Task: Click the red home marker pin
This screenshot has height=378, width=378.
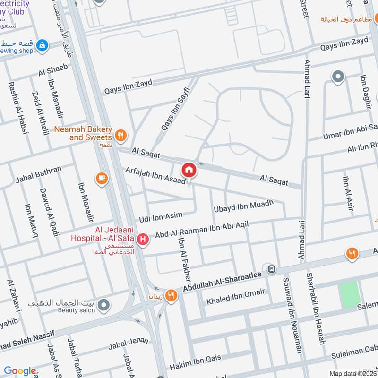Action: pyautogui.click(x=189, y=170)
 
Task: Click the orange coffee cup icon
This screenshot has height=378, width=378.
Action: pyautogui.click(x=101, y=178)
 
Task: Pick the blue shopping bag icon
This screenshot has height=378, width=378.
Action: pyautogui.click(x=43, y=45)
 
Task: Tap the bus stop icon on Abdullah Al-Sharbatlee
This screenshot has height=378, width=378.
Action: pyautogui.click(x=272, y=269)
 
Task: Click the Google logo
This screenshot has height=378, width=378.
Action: pyautogui.click(x=20, y=370)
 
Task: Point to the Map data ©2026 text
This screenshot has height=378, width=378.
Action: pyautogui.click(x=352, y=373)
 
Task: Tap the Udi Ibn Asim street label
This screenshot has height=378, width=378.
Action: pyautogui.click(x=160, y=217)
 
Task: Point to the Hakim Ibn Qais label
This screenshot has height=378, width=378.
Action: pyautogui.click(x=196, y=361)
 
